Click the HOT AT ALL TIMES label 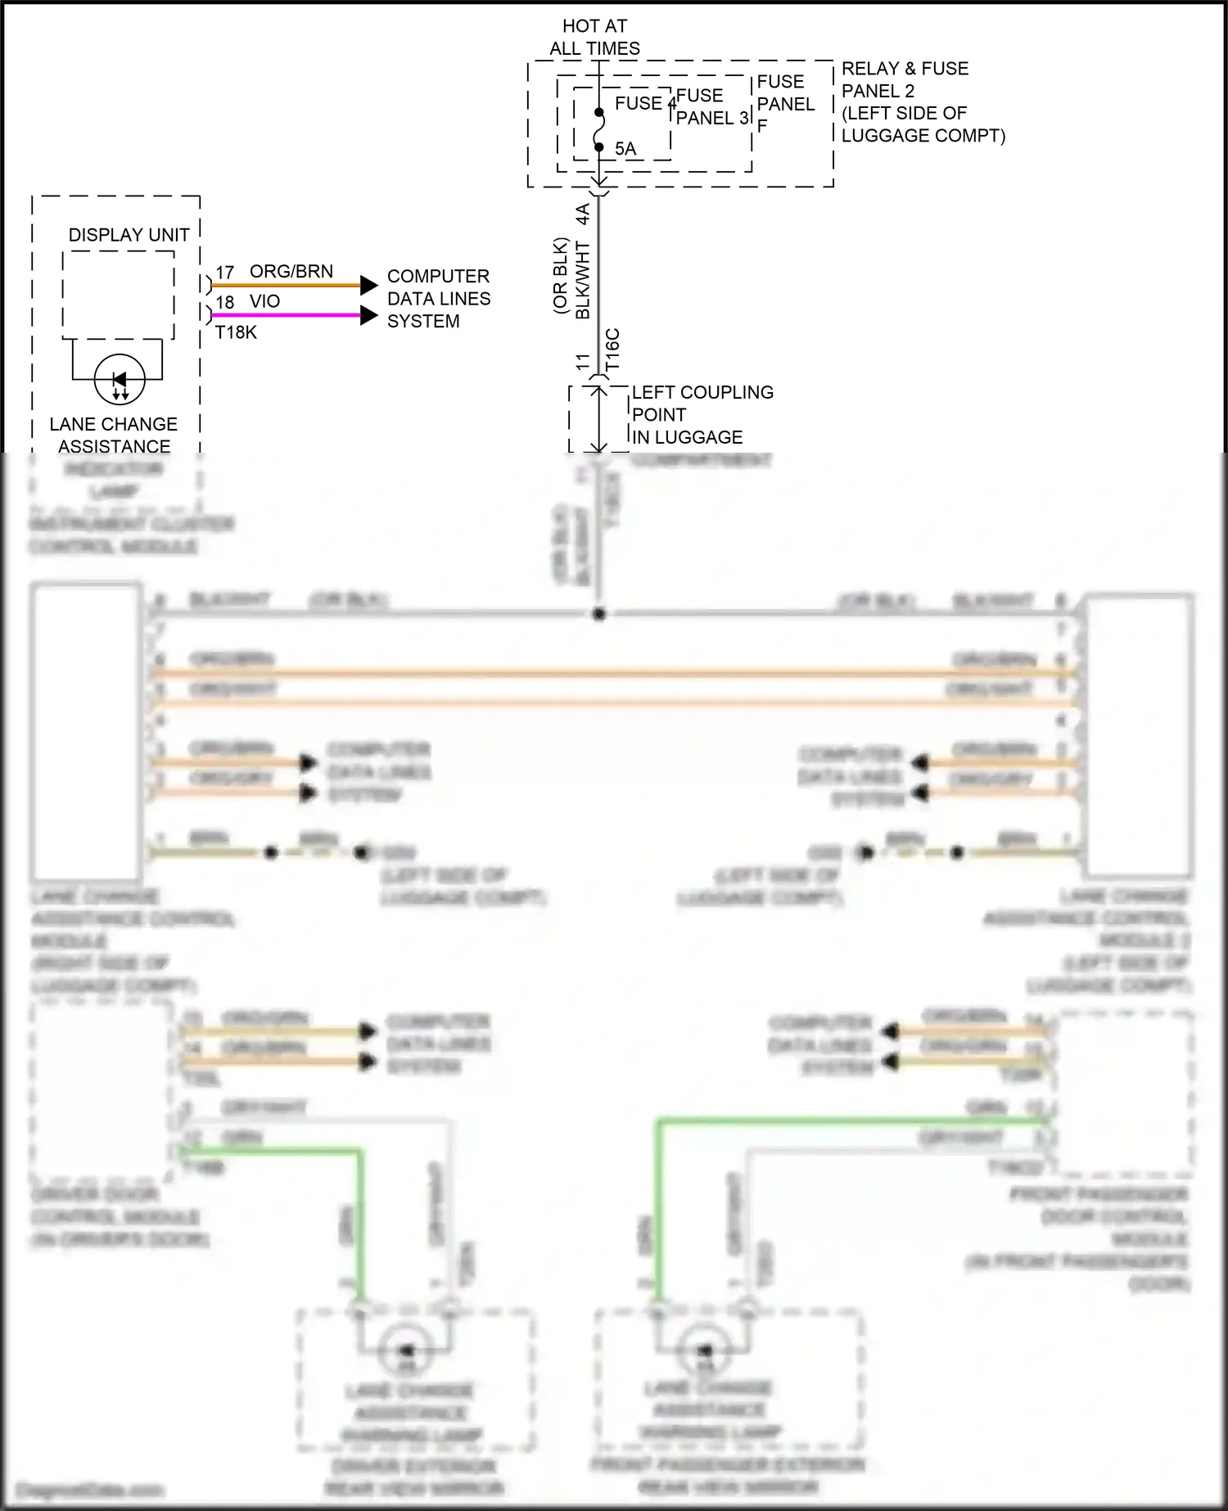click(x=594, y=38)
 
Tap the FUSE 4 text click(x=643, y=103)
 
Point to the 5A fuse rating click(x=625, y=149)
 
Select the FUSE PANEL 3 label click(x=711, y=107)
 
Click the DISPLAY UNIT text click(x=129, y=235)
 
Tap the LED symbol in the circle click(x=120, y=380)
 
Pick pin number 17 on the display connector click(x=225, y=273)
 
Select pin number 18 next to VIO click(x=225, y=302)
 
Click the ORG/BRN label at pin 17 click(x=291, y=272)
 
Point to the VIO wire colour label click(x=265, y=301)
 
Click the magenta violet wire click(x=287, y=315)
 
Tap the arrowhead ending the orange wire click(x=369, y=286)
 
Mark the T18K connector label click(x=236, y=332)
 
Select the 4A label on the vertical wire click(x=583, y=214)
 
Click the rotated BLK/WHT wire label click(x=583, y=280)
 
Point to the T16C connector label click(x=612, y=350)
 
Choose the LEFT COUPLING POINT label click(x=702, y=415)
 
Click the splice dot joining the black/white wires click(x=599, y=614)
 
